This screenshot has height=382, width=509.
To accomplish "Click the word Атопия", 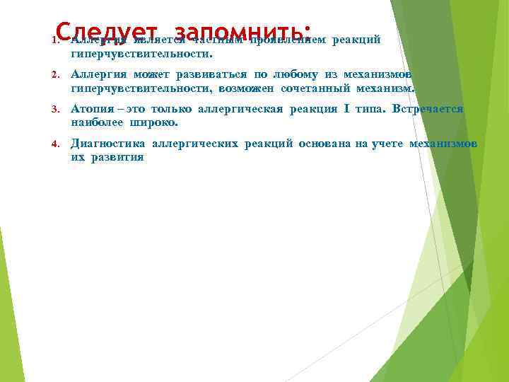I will point(91,109).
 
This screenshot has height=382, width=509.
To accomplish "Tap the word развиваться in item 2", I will point(206,74).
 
